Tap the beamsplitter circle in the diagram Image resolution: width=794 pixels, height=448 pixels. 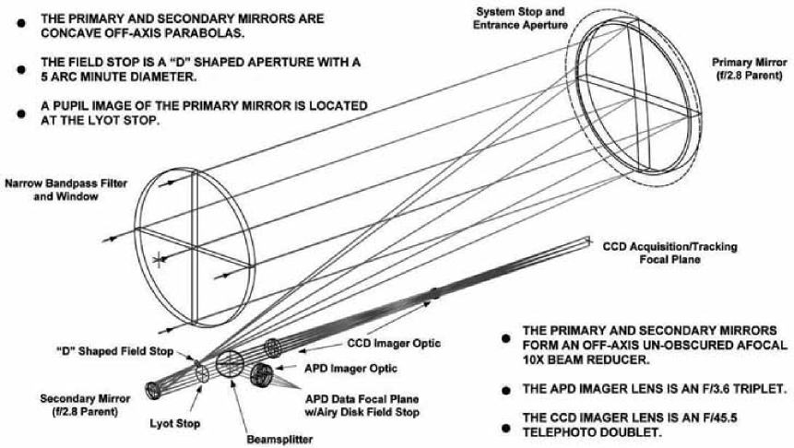(x=229, y=360)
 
